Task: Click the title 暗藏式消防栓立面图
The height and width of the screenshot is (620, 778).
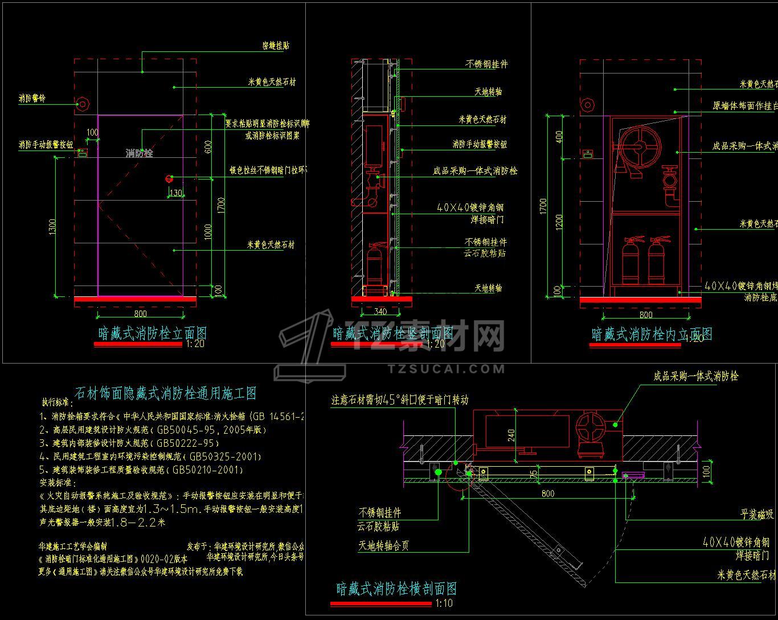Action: coord(153,333)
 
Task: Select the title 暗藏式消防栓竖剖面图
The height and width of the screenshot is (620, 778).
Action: coord(393,333)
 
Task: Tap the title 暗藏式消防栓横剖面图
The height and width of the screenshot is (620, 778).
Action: coord(396,589)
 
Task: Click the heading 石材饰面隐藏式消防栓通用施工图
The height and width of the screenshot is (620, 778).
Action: coord(166,393)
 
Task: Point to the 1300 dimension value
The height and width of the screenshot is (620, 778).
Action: coord(52,227)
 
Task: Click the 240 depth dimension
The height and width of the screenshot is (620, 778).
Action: coord(511,435)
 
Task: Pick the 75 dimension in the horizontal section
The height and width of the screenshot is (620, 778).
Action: coord(533,472)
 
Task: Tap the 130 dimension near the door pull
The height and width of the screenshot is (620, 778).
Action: coord(176,193)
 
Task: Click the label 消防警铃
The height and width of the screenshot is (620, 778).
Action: coord(32,99)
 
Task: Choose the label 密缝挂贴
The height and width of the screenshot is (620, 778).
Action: coord(276,46)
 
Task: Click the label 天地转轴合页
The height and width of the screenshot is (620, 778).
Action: coord(384,545)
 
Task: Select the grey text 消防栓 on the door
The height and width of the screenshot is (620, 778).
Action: coord(140,153)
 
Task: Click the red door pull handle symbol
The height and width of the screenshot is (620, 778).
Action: coord(169,178)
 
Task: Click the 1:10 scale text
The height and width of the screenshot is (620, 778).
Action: coord(444,603)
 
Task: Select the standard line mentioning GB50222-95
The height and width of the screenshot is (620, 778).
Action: coord(129,443)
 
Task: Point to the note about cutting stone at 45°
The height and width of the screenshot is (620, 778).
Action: coord(400,400)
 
